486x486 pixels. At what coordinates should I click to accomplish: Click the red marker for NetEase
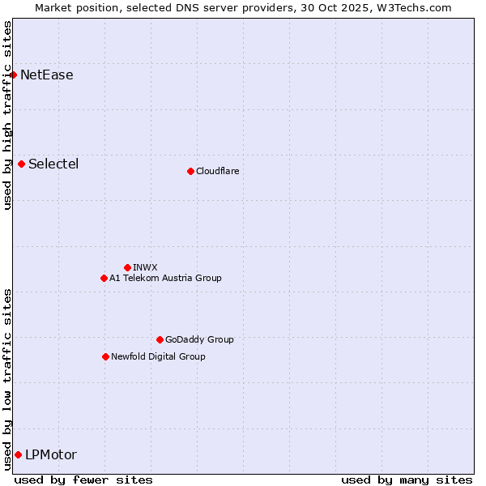click(13, 75)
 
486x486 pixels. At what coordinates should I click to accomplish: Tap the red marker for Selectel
click(21, 164)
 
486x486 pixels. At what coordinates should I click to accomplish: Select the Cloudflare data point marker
click(190, 171)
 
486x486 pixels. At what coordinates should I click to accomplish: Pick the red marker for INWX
click(127, 267)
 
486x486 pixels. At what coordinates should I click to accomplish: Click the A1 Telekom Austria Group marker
click(104, 279)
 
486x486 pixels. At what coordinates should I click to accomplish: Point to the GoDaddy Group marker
click(160, 340)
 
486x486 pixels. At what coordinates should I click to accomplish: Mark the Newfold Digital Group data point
click(105, 357)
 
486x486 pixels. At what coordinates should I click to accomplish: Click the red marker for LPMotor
click(18, 455)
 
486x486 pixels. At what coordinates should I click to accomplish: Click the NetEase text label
click(47, 75)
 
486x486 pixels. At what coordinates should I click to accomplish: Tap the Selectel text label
click(53, 164)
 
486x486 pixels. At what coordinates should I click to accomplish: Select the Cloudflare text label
click(217, 171)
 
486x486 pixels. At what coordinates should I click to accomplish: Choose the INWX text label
click(145, 267)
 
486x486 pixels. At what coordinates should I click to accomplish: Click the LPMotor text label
click(51, 455)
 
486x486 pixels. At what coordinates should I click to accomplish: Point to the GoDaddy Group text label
click(199, 340)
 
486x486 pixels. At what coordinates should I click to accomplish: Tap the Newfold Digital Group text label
click(158, 357)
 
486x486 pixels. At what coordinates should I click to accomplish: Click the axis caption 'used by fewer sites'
click(83, 480)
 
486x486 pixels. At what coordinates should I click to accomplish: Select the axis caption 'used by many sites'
click(407, 480)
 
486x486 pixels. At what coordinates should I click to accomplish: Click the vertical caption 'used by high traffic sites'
click(8, 116)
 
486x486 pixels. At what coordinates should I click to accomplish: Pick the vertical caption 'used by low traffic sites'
click(8, 379)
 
